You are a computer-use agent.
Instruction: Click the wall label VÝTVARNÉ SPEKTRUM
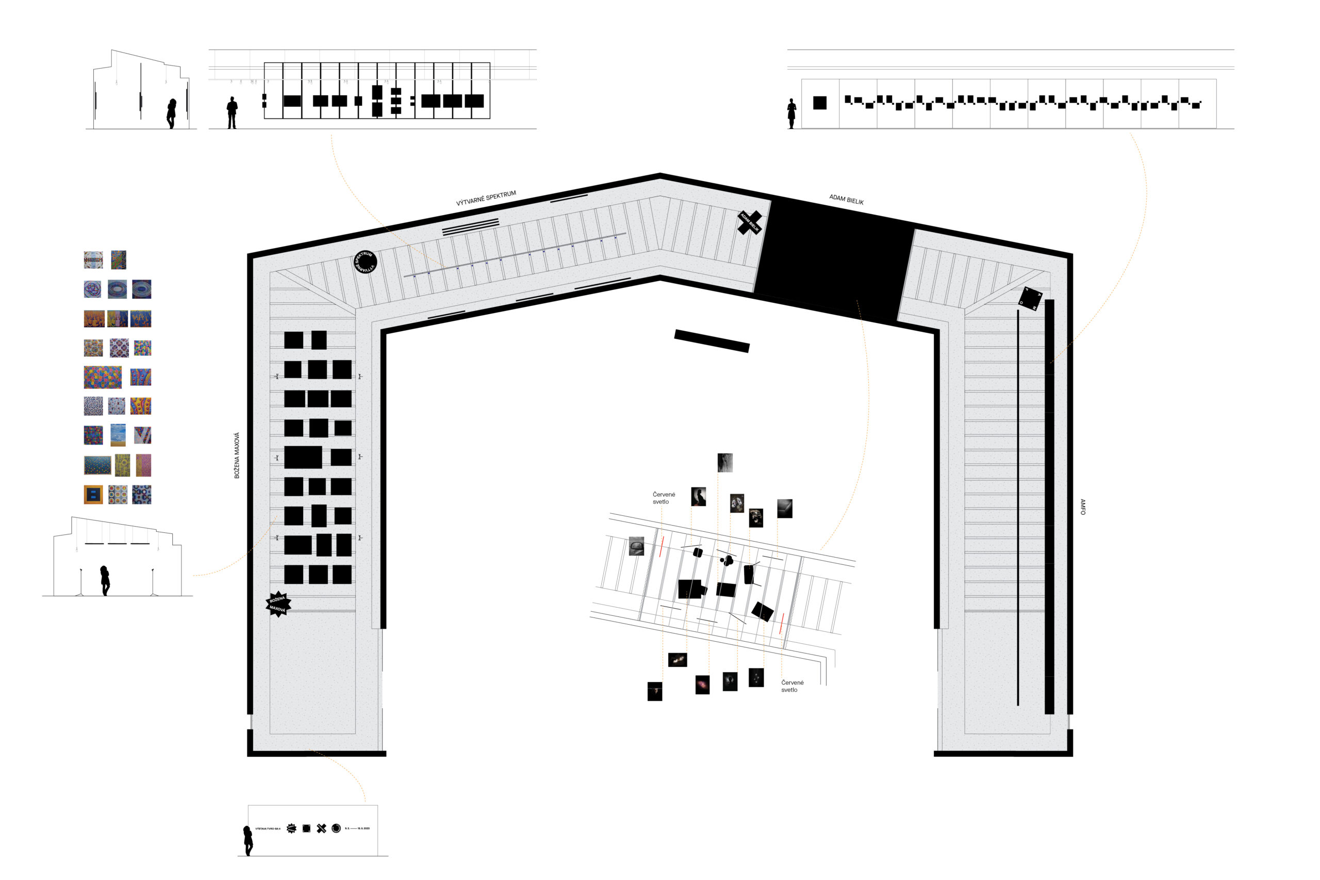coord(486,199)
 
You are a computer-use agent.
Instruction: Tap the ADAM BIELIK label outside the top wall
coord(846,199)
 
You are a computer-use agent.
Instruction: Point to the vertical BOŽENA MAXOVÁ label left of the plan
coord(237,455)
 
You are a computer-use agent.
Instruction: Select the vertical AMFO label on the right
coord(1082,507)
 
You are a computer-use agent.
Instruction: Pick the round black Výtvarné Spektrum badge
coord(365,262)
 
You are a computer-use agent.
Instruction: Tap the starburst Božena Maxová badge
coord(278,604)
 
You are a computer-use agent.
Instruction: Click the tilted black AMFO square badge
coord(1030,298)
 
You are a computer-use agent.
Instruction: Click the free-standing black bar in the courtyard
coord(712,340)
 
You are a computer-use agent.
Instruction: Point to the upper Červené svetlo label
coord(664,498)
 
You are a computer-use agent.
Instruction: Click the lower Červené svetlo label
coord(792,686)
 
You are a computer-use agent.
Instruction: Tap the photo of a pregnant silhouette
coord(698,497)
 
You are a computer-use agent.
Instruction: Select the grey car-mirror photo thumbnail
coord(636,546)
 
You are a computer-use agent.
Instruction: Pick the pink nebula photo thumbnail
coord(702,685)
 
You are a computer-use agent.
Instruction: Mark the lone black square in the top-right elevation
coord(820,103)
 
